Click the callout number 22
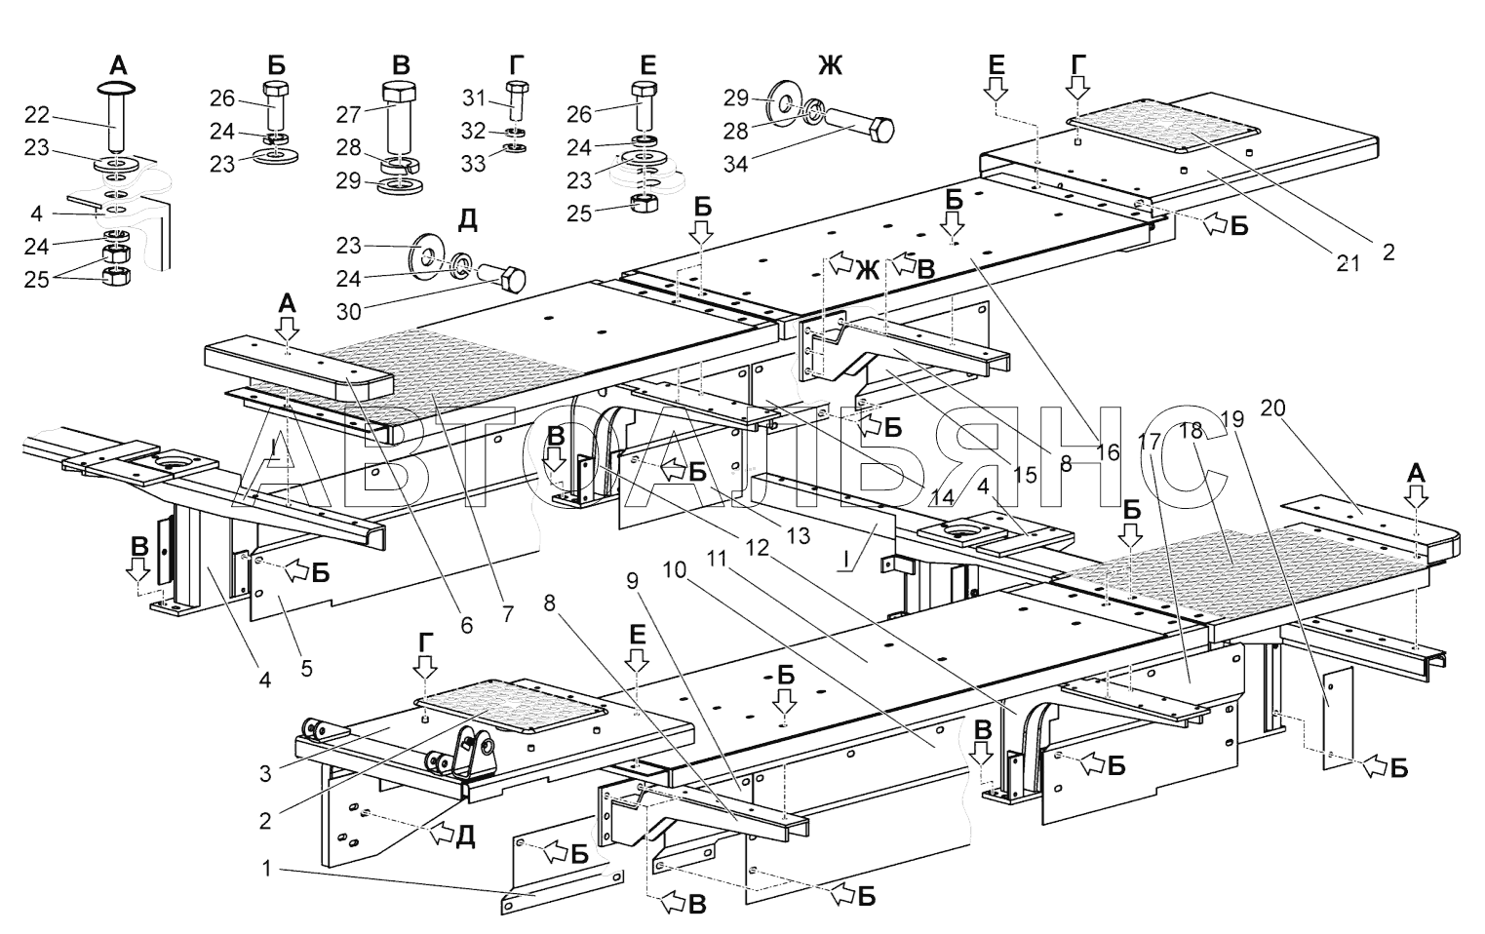tap(37, 115)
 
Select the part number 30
tap(349, 311)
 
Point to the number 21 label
tap(1348, 263)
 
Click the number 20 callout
tap(1272, 409)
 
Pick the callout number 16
tap(1108, 452)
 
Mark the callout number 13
tap(799, 535)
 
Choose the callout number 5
tap(306, 668)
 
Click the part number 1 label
tap(266, 869)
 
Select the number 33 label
tap(473, 163)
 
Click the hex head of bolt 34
tap(881, 130)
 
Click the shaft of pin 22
tap(117, 124)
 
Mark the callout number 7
tap(507, 614)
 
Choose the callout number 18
tap(1192, 430)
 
